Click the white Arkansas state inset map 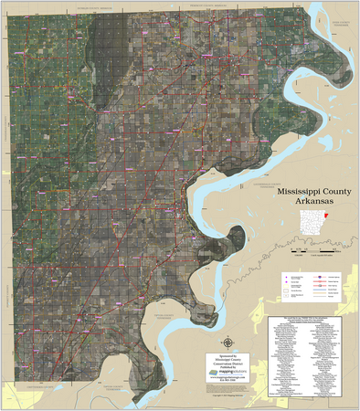coord(312,222)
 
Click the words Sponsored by coord(235,353)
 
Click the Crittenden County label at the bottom coord(55,387)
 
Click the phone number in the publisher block coord(235,382)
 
